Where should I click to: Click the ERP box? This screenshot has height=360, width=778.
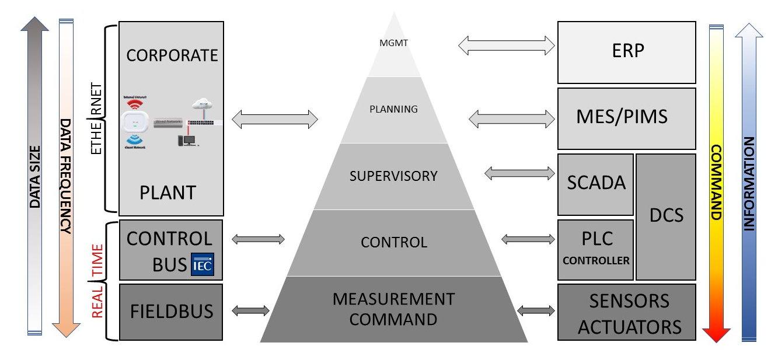click(626, 52)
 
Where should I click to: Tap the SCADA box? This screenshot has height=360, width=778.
click(595, 183)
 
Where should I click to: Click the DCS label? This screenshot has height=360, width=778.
click(666, 215)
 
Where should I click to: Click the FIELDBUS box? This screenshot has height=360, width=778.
click(170, 312)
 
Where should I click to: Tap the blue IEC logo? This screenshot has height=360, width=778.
click(203, 265)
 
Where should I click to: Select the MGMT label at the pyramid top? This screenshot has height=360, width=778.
click(394, 43)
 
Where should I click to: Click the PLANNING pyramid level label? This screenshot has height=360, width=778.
click(393, 109)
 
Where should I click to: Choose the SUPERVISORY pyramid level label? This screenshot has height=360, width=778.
click(393, 176)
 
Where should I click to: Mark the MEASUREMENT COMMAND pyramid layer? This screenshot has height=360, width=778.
click(393, 309)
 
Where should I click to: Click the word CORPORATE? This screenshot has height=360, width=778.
click(172, 55)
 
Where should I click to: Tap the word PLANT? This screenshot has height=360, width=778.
click(168, 193)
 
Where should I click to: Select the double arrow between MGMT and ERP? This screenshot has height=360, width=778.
click(506, 46)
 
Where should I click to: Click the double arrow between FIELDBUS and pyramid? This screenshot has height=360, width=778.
click(250, 311)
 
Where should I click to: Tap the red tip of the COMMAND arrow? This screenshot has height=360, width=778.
click(716, 335)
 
